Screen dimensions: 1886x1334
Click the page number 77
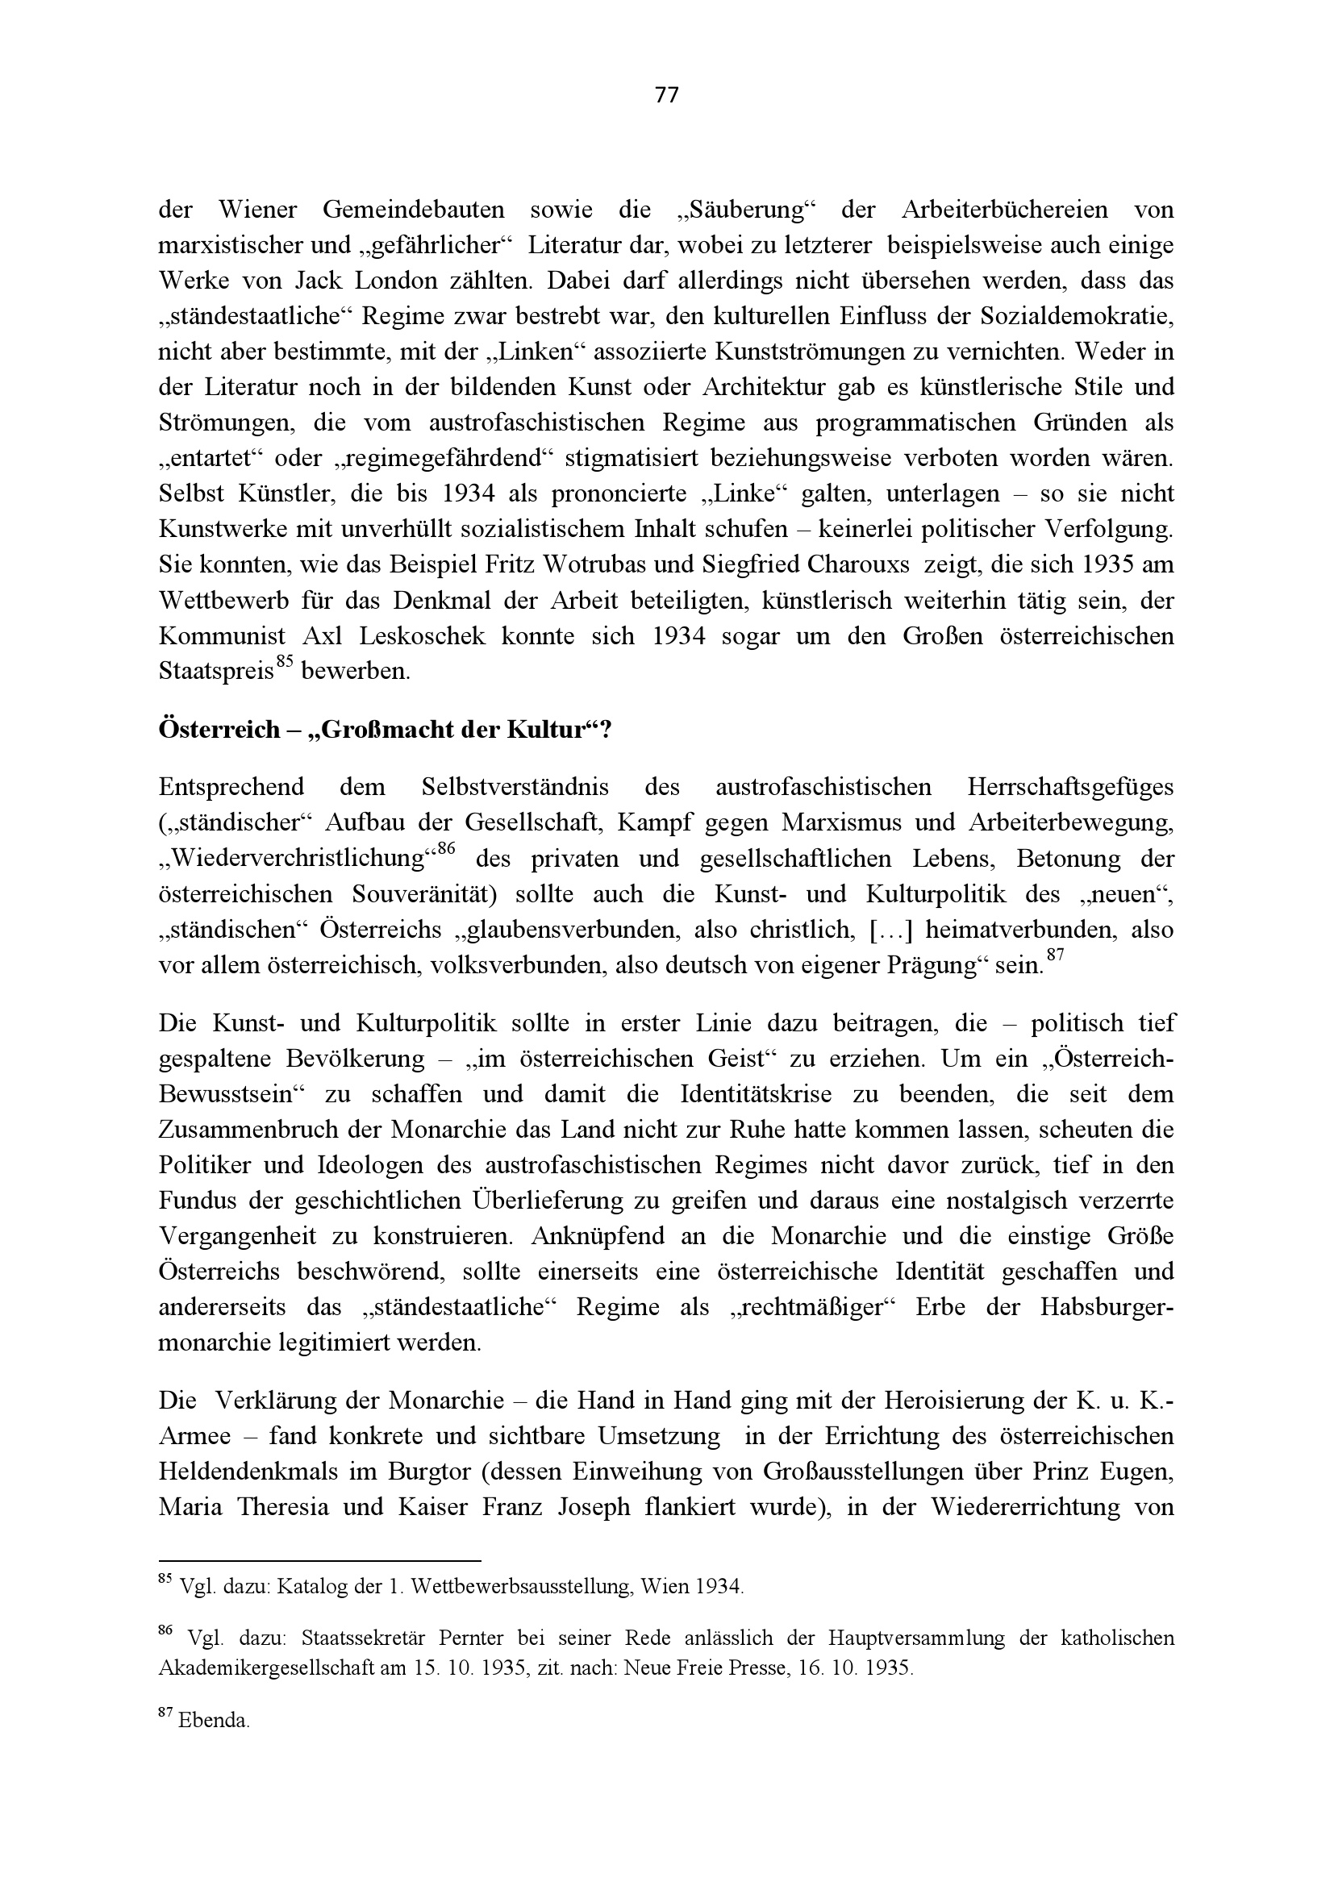pos(667,96)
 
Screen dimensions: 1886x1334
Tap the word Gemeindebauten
pos(412,210)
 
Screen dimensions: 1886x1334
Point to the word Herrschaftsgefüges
pos(1070,787)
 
